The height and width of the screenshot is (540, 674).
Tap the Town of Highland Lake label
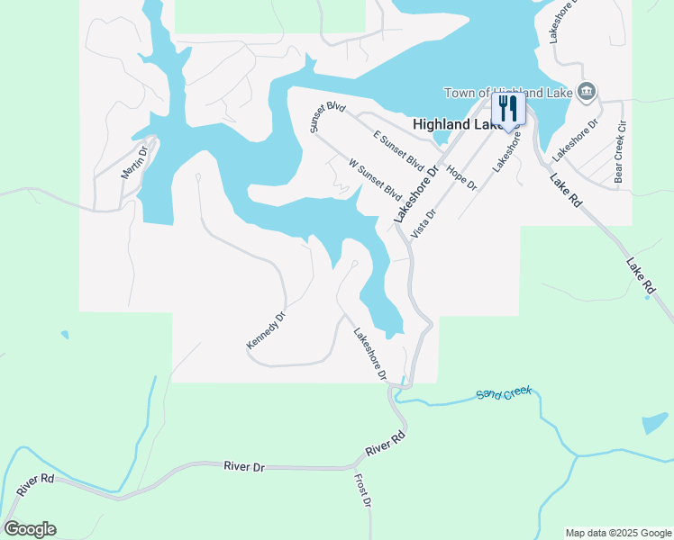[x=508, y=93]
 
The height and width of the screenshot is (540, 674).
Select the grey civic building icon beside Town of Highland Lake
[x=587, y=91]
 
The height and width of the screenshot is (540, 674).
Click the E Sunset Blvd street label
[x=398, y=150]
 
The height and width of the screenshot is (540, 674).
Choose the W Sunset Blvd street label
[x=375, y=180]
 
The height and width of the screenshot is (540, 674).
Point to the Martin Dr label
[x=134, y=159]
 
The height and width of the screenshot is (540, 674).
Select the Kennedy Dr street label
[x=266, y=331]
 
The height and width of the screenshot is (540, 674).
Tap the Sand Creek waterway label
[x=505, y=393]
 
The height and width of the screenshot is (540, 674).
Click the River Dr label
[x=244, y=466]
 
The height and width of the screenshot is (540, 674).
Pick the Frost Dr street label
[x=362, y=490]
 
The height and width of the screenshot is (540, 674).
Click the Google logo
[x=30, y=529]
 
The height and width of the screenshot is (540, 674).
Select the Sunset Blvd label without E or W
[x=328, y=118]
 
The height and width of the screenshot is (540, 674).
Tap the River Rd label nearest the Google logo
[x=35, y=485]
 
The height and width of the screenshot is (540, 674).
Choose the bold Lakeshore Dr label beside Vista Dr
[x=415, y=194]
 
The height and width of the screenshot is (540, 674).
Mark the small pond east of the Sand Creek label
[x=655, y=424]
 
